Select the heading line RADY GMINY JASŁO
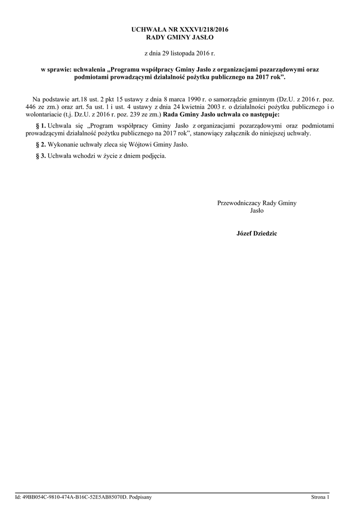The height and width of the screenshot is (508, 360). (180, 38)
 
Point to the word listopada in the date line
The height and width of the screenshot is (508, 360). (182, 53)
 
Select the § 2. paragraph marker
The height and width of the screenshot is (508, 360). (40, 144)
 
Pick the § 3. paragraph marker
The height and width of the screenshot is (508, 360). (40, 156)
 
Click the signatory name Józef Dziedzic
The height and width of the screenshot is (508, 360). (257, 233)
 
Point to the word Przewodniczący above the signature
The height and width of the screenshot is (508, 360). (238, 203)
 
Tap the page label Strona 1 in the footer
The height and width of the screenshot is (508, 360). (320, 497)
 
